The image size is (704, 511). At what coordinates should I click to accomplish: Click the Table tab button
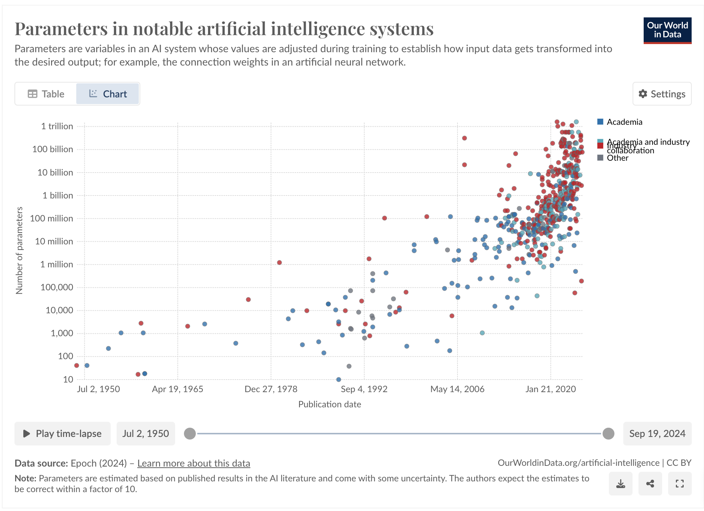coord(46,94)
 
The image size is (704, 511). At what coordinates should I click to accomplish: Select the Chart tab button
coord(108,94)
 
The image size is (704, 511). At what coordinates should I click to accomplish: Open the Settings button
coord(662,94)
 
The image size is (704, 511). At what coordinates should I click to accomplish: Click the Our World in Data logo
coord(667,30)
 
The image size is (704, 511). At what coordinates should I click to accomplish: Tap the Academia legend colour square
coord(600,122)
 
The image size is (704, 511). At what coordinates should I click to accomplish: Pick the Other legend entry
coord(617,158)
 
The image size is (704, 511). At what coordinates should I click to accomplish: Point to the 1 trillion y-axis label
coord(57,126)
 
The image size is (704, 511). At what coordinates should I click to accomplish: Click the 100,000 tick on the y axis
coord(57,287)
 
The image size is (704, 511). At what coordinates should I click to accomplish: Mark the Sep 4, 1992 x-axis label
coord(364,389)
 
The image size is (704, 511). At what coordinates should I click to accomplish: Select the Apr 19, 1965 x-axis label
coord(177,389)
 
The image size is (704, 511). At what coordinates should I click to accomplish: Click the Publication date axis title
coord(329,404)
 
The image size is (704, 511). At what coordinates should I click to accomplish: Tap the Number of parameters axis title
coord(19,251)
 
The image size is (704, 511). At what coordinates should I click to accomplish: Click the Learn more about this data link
coord(194,463)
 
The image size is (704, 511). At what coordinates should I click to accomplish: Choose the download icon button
coord(620,484)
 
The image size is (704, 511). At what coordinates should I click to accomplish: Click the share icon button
coord(650,484)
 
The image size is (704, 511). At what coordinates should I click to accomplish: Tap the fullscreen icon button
coord(680,484)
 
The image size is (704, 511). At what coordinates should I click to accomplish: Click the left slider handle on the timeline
coord(190,434)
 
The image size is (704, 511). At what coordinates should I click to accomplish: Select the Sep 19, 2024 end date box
coord(657,434)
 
